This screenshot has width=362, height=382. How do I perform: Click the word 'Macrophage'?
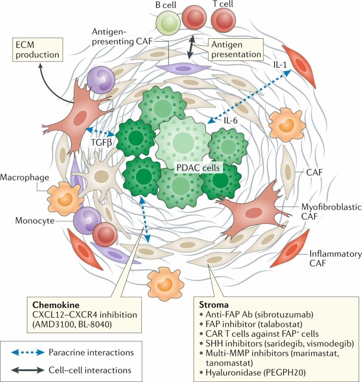(24, 177)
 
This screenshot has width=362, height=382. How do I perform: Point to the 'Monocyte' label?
(33, 220)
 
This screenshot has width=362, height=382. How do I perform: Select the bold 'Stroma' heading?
(211, 305)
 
